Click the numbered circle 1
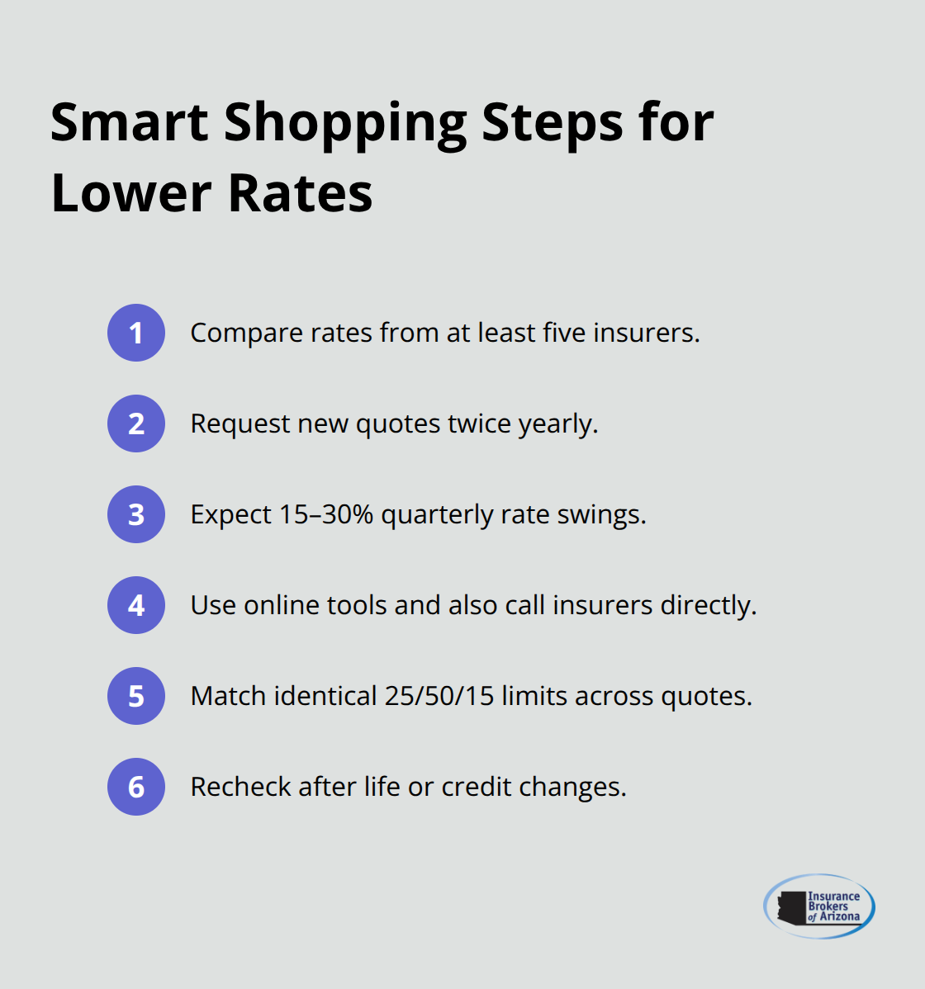136,333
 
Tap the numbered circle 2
136,424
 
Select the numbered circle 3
136,514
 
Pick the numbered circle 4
136,605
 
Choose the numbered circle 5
136,696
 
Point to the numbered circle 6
136,787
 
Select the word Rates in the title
301,194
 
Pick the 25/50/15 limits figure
439,696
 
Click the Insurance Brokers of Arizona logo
819,906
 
